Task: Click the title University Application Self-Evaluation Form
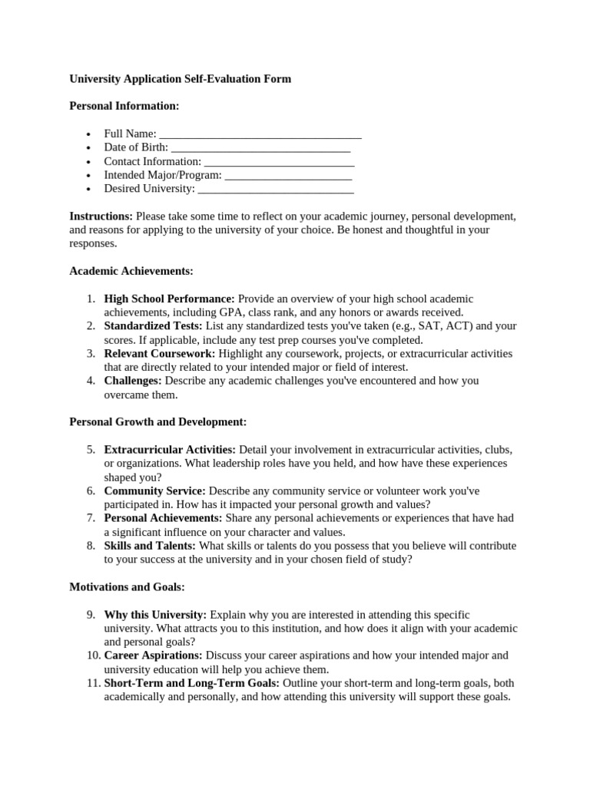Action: [x=181, y=79]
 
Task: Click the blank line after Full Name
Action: [x=260, y=135]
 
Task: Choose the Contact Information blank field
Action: [x=279, y=162]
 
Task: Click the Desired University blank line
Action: [x=276, y=189]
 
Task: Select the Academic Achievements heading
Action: [x=131, y=271]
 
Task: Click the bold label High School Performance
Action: [x=169, y=299]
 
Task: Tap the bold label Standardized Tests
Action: [x=153, y=326]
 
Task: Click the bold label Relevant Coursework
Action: [x=160, y=354]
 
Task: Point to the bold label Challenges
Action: [x=133, y=381]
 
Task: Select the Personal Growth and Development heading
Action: [x=158, y=422]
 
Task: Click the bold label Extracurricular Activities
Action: [x=170, y=450]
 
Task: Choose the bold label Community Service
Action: [x=154, y=490]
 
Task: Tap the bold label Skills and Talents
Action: [x=150, y=546]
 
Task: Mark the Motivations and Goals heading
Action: [x=128, y=587]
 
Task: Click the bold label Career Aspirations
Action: [x=153, y=656]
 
